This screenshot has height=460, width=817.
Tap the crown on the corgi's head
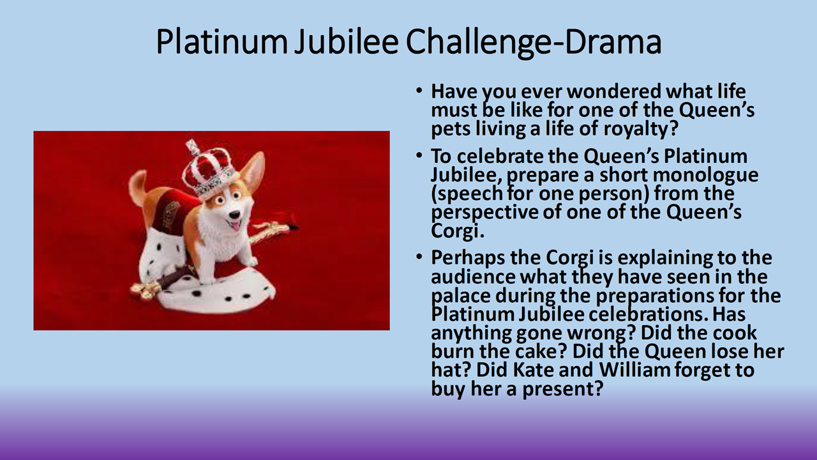point(207,169)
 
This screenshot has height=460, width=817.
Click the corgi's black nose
point(236,214)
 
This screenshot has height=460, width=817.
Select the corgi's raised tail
point(139,187)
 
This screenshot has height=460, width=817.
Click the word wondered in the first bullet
point(614,91)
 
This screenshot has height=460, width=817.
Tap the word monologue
point(705,176)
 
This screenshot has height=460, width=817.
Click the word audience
point(473,277)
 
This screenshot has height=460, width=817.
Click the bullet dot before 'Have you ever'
point(419,90)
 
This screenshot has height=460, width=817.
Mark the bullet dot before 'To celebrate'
point(419,155)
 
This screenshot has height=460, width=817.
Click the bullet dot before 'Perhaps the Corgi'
point(419,257)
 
